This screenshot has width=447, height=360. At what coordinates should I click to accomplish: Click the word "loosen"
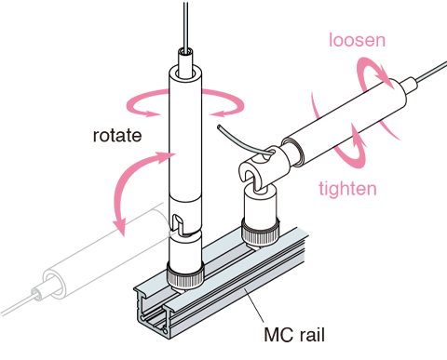(x=357, y=40)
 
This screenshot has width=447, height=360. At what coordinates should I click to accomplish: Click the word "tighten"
(x=347, y=188)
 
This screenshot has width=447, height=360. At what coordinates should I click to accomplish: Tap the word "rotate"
(x=117, y=136)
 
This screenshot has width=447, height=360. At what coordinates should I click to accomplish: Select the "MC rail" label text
(x=294, y=335)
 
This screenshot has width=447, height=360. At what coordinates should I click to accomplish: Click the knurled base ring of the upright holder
(x=185, y=274)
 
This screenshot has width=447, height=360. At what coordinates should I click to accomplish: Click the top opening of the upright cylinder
(x=185, y=73)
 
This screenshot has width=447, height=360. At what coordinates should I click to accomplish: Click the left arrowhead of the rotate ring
(x=153, y=113)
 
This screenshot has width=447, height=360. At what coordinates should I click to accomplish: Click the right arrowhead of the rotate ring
(x=218, y=113)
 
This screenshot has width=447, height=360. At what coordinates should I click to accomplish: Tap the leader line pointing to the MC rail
(x=254, y=305)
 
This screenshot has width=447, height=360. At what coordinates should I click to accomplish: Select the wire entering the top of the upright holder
(x=185, y=26)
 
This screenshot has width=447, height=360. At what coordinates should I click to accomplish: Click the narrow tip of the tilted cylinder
(x=409, y=85)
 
